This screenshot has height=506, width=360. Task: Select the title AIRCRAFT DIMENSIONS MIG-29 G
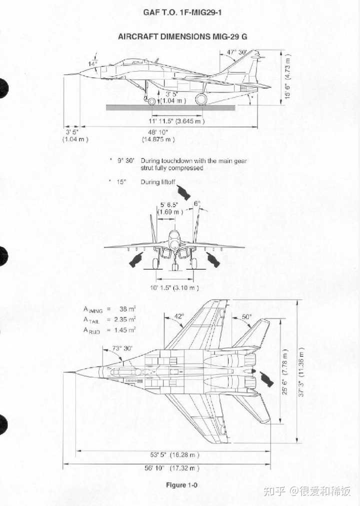(x=182, y=37)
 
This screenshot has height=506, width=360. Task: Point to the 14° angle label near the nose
(x=93, y=64)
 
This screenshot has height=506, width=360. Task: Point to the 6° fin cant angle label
(x=197, y=203)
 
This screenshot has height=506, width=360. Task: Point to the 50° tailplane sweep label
(x=247, y=317)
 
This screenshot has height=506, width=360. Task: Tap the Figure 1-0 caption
(x=181, y=485)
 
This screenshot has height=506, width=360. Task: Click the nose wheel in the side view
(x=152, y=102)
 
